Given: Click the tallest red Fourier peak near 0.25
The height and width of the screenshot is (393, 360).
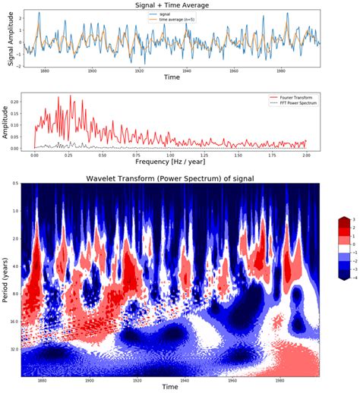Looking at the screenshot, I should (70, 96).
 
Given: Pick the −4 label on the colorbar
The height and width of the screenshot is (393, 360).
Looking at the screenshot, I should (352, 278).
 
